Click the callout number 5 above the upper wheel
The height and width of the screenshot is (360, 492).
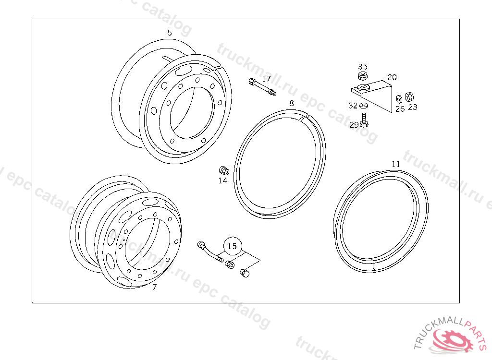coord(170,33)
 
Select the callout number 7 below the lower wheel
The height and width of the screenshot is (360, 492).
coord(154,287)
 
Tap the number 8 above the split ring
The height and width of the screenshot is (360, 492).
coord(292,103)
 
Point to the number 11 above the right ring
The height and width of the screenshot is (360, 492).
coord(396,164)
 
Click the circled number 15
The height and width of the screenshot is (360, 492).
coord(232,246)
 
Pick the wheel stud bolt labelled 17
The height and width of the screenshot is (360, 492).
coord(262,87)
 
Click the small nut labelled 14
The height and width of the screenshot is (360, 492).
coord(224,171)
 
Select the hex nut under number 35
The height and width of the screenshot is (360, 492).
coord(363,75)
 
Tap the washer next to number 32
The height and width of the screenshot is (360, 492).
coord(364,105)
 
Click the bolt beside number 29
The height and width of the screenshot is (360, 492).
coord(364,120)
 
